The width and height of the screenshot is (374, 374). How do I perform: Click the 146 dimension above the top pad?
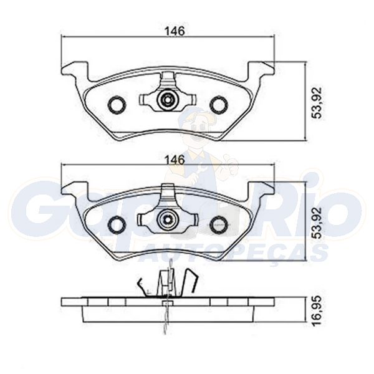pos(176,31)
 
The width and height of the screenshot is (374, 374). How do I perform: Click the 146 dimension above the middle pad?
pos(176,160)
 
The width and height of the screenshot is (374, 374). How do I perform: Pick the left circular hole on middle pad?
pos(117,224)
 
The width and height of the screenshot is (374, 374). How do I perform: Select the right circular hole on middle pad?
pos(218,224)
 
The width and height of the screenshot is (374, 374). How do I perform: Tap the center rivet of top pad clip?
pos(168,100)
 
